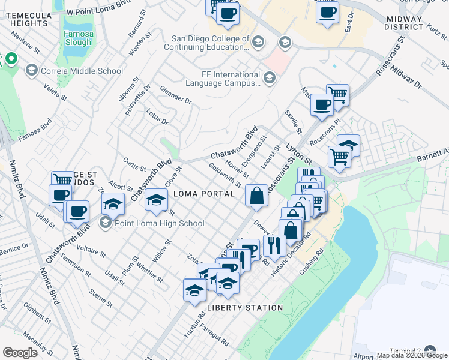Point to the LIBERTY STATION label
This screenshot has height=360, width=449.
point(244,308)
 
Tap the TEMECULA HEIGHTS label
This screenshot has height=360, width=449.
point(29,19)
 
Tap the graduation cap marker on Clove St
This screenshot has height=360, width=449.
point(157,199)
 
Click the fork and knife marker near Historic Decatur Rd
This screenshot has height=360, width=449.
point(274,245)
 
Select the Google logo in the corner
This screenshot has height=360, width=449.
point(20,352)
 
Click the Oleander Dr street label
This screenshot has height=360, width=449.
point(175,95)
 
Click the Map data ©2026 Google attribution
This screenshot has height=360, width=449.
point(412,355)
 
